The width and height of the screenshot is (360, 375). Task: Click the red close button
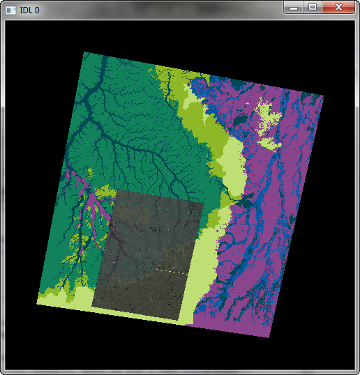(x=339, y=7)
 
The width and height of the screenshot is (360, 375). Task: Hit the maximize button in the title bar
(x=313, y=7)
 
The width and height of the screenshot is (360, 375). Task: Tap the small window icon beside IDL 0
(x=10, y=10)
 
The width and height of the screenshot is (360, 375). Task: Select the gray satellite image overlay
(x=150, y=254)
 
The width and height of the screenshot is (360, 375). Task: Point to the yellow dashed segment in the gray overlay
(x=172, y=270)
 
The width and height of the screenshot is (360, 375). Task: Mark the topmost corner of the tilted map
(x=84, y=52)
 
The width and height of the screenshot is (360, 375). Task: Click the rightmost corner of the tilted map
(x=324, y=95)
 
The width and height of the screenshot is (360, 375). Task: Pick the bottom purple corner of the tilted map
(x=269, y=337)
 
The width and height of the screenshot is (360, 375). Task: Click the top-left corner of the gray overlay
(x=115, y=191)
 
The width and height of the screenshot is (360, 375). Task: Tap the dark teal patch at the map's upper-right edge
(x=241, y=83)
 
